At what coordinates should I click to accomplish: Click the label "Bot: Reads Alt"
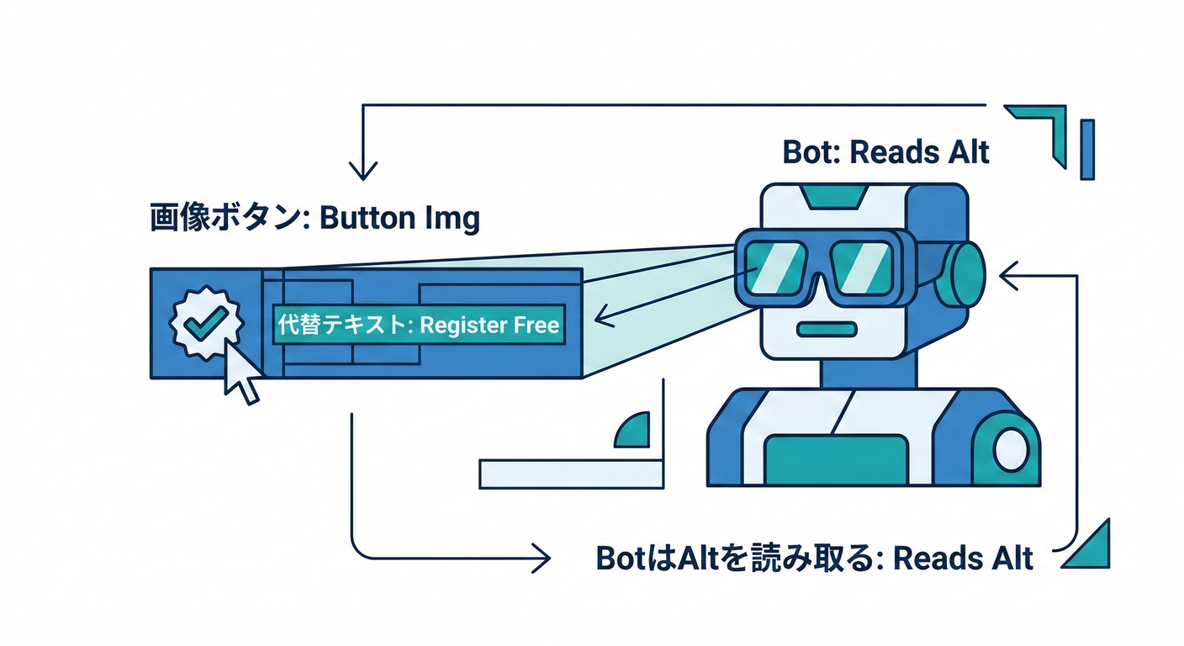(x=885, y=153)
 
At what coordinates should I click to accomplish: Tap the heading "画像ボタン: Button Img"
(x=314, y=219)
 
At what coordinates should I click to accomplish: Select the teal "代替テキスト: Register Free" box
(x=418, y=326)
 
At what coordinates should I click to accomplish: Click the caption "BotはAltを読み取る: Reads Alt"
(x=814, y=559)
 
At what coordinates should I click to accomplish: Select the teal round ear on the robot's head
(x=960, y=274)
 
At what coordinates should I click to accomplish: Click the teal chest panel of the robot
(x=836, y=460)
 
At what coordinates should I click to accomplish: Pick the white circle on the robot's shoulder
(x=1009, y=452)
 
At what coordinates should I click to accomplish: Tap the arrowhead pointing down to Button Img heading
(x=362, y=172)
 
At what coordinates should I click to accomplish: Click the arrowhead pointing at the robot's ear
(x=1006, y=273)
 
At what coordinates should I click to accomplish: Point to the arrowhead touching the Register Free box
(x=601, y=317)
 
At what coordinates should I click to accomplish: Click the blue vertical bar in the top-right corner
(x=1087, y=150)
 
